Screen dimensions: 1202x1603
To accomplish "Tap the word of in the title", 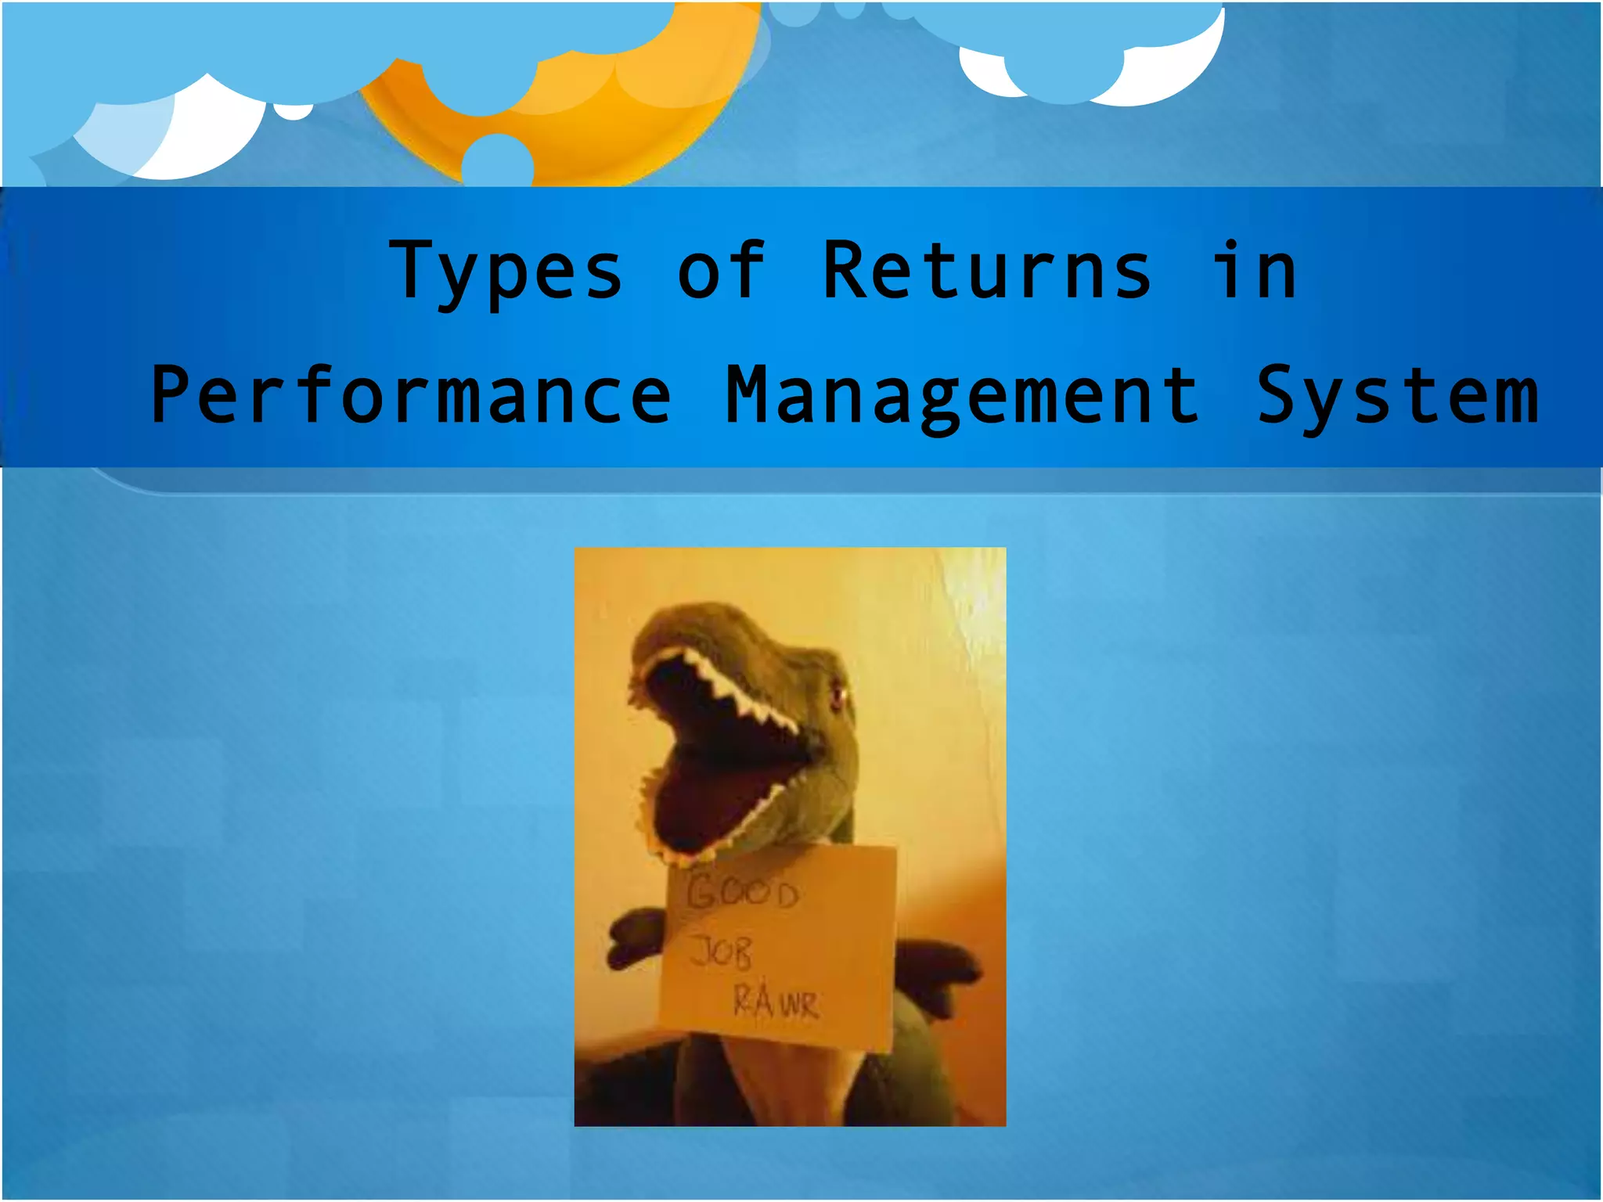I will click(720, 270).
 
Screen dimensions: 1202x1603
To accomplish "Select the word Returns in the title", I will click(987, 270).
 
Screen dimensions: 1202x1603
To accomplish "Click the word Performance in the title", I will click(411, 396).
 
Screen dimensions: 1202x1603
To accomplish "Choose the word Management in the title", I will click(962, 396).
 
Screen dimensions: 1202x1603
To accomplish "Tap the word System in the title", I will click(1398, 396).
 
